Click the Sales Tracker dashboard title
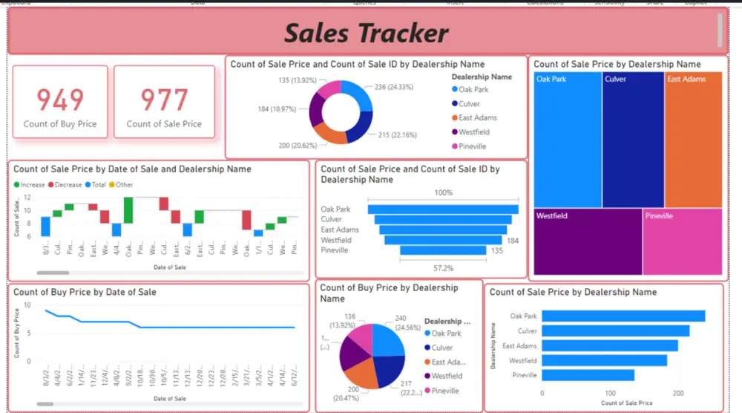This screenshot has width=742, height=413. click(x=367, y=33)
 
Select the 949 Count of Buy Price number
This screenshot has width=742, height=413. click(x=60, y=100)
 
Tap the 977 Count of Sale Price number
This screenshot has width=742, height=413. click(x=164, y=100)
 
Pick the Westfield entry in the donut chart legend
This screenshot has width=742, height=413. click(x=473, y=132)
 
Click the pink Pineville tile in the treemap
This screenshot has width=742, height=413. click(x=682, y=242)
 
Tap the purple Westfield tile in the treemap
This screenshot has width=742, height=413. click(x=587, y=242)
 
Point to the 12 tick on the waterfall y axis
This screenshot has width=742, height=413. click(x=27, y=198)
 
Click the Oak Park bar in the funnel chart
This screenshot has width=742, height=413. click(x=443, y=209)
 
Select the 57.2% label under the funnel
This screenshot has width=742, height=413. click(x=443, y=267)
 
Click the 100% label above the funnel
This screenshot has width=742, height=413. click(x=443, y=193)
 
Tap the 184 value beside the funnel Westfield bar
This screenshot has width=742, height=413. click(x=512, y=241)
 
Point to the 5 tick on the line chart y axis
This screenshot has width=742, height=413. click(x=28, y=333)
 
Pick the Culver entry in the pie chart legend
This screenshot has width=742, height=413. click(x=441, y=348)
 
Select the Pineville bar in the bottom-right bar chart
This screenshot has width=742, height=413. click(x=588, y=375)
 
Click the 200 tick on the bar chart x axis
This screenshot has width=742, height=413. click(x=678, y=392)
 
